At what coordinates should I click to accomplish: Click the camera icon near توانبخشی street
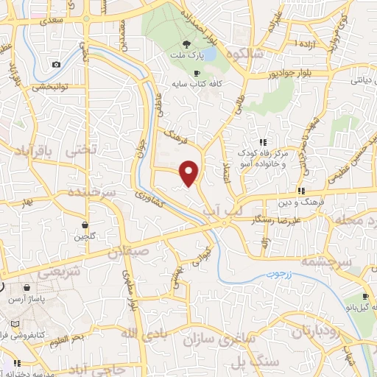(56, 64)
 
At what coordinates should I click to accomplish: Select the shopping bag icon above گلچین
(85, 225)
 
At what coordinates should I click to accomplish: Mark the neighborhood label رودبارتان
(317, 331)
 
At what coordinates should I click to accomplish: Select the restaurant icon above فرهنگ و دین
(300, 191)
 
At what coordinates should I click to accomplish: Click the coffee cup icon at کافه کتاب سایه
(196, 73)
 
